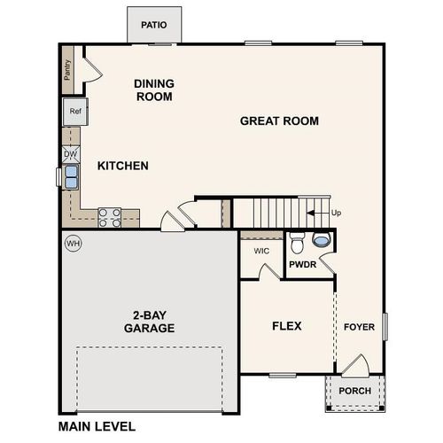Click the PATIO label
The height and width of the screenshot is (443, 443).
tap(154, 25)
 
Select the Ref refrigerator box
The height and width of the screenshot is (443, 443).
tap(74, 112)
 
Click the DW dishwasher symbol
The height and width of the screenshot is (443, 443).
tap(71, 154)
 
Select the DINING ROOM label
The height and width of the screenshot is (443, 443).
tap(154, 90)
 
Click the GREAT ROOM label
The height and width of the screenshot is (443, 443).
tap(279, 121)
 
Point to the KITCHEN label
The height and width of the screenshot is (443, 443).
tap(122, 166)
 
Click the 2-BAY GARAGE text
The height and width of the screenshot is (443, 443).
tap(149, 322)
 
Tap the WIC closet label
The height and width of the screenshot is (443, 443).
tap(261, 251)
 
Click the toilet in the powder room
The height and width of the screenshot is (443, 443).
tap(298, 240)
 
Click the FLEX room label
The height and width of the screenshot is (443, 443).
tap(286, 326)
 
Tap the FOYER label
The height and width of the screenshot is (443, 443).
tap(359, 327)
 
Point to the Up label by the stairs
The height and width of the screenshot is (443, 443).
tap(335, 213)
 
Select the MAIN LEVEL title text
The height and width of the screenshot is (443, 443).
tap(97, 426)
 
